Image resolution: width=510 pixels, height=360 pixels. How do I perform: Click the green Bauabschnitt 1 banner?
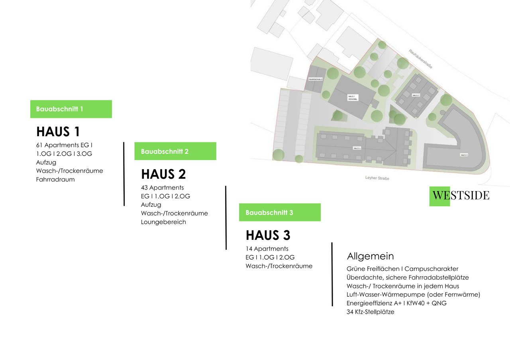71,109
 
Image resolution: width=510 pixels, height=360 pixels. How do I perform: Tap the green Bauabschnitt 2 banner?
175,151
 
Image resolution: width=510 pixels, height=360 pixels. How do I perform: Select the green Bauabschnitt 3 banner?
280,212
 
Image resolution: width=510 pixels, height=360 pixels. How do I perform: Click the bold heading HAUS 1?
58,132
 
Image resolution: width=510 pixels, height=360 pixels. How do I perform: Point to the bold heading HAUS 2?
163,174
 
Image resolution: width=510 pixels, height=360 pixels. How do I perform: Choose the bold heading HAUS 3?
268,235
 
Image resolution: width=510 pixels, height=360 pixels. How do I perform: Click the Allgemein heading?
370,256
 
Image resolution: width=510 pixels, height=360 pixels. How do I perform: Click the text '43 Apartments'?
162,188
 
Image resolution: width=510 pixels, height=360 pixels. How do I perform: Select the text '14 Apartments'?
267,249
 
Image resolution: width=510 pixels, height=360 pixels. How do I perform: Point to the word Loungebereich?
163,222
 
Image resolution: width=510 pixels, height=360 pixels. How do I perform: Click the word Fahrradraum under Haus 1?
55,180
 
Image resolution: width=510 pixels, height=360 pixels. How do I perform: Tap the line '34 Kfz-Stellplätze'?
370,312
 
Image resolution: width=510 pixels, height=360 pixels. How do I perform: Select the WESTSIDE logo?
460,196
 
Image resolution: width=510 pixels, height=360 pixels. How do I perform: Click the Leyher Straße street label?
377,178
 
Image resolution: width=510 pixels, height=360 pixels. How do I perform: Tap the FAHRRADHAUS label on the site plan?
315,80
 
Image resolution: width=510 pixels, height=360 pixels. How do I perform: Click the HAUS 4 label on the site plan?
357,148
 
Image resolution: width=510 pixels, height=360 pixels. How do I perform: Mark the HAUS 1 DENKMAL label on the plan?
351,98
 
